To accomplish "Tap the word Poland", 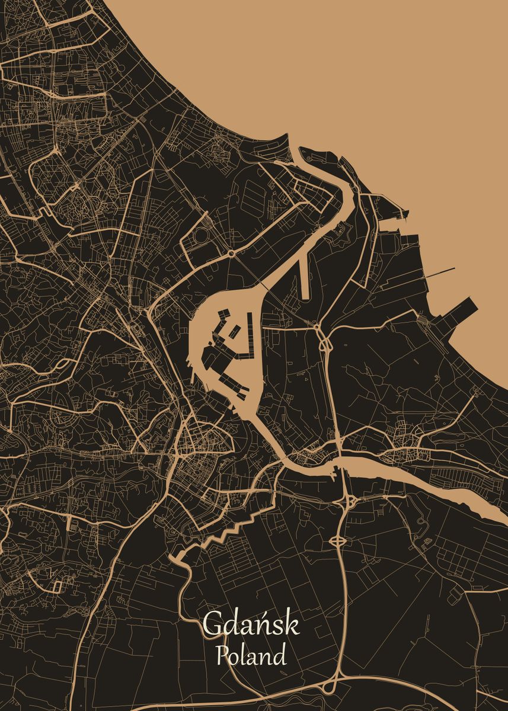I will [x=251, y=656].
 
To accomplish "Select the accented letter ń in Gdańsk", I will [x=264, y=624].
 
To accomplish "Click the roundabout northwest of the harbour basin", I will [x=231, y=254].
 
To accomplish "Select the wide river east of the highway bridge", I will [x=415, y=474].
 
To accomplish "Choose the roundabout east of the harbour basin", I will [x=317, y=325].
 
